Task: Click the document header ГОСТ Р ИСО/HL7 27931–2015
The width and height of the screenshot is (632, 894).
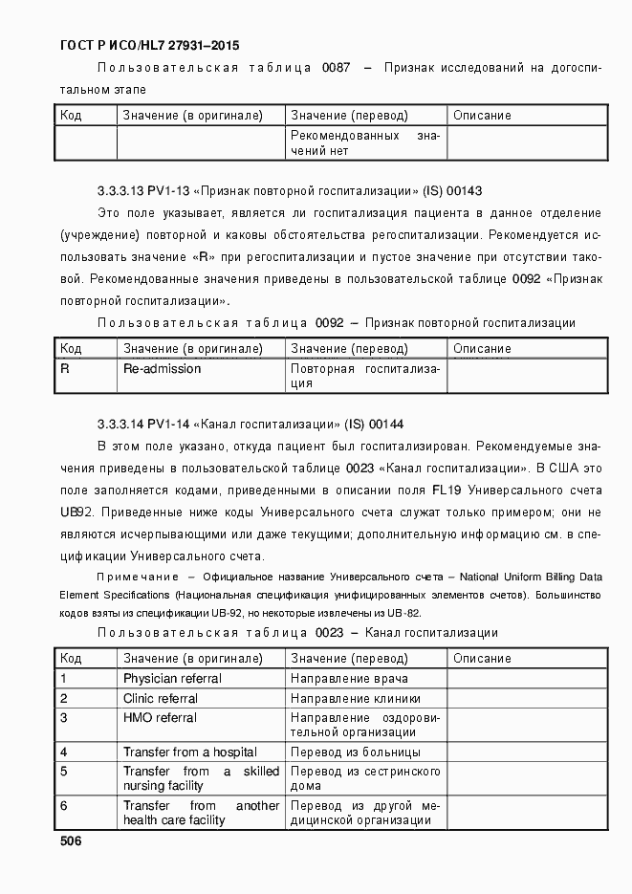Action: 149,44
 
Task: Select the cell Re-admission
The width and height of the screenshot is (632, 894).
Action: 162,369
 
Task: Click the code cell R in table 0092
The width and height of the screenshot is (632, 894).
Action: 65,369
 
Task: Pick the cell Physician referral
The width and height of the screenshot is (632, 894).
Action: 172,678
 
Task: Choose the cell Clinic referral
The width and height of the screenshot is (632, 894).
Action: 161,698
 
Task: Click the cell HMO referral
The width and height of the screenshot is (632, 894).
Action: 160,718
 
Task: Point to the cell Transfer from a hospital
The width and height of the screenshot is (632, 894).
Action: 189,752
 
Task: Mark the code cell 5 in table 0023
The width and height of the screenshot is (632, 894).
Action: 64,771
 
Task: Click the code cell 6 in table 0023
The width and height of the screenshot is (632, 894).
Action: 64,806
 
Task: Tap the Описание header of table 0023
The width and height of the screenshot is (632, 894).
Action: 482,658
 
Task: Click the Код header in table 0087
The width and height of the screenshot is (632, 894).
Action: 71,116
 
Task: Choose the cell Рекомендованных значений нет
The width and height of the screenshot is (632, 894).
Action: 364,143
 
